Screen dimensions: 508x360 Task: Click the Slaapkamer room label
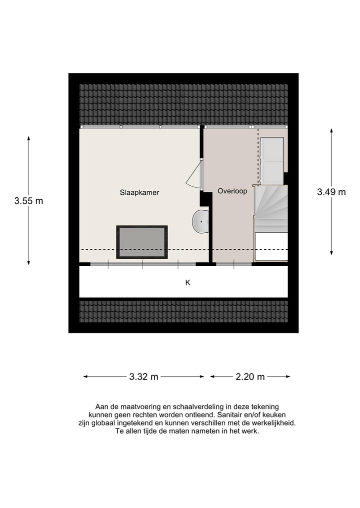tap(139, 192)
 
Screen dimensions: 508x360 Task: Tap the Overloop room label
tap(232, 191)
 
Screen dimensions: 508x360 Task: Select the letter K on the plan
tap(188, 282)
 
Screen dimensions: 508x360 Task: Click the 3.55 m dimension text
tap(28, 201)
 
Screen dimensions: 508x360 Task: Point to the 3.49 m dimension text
tap(331, 192)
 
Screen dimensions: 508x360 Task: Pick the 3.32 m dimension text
tap(143, 377)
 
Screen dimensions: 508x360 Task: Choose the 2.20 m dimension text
tap(250, 377)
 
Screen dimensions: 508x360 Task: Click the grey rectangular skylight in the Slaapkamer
tap(142, 242)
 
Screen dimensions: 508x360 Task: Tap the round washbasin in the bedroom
tap(200, 221)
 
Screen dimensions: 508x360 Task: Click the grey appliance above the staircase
tap(272, 161)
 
